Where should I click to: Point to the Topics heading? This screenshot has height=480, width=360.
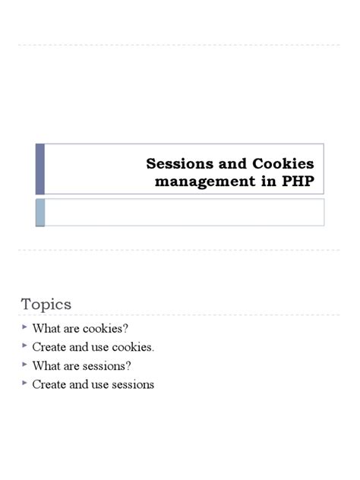pyautogui.click(x=46, y=305)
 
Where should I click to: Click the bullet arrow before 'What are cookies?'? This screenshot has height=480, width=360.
pyautogui.click(x=24, y=327)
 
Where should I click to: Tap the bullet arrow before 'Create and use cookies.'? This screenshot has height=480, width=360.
pyautogui.click(x=24, y=346)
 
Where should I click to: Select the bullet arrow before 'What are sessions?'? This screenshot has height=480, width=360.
pyautogui.click(x=24, y=365)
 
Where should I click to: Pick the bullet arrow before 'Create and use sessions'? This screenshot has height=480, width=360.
pyautogui.click(x=24, y=384)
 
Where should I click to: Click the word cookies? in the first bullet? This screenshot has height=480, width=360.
pyautogui.click(x=102, y=329)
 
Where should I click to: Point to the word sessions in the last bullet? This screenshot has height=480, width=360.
pyautogui.click(x=133, y=384)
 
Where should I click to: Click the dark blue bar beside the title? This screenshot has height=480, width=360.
pyautogui.click(x=40, y=169)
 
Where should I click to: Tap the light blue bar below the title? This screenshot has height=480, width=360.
pyautogui.click(x=40, y=212)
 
